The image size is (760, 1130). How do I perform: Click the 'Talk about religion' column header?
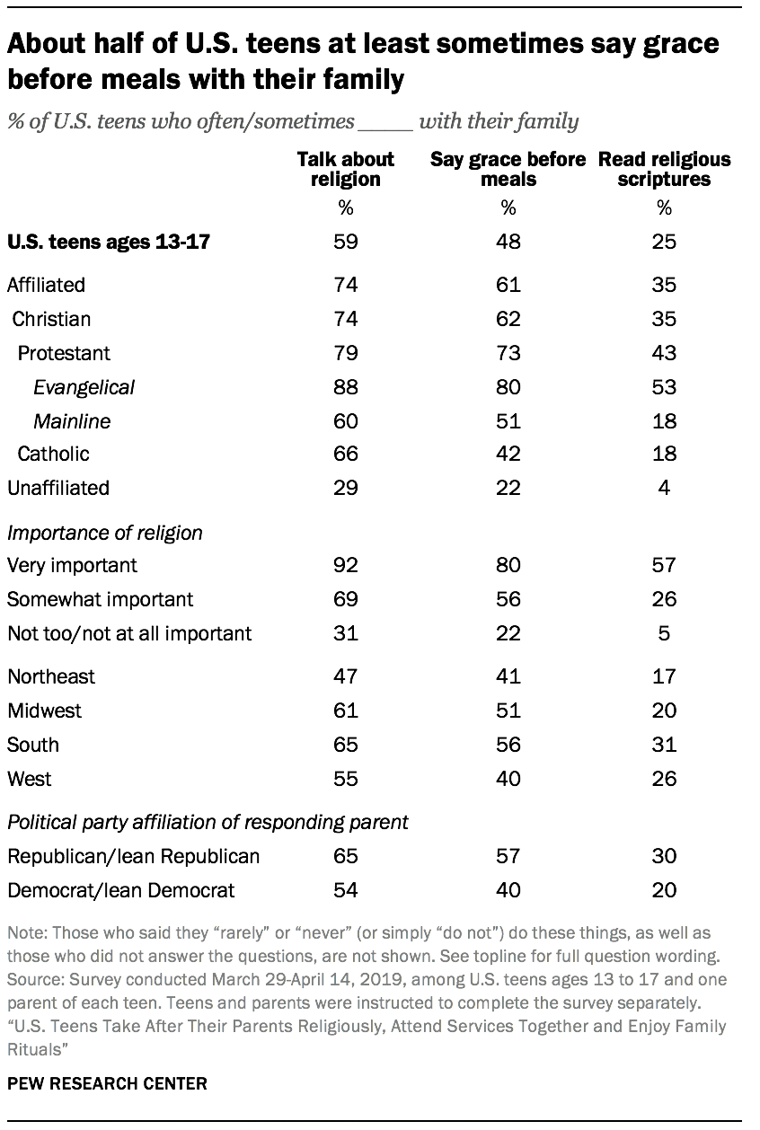pyautogui.click(x=346, y=169)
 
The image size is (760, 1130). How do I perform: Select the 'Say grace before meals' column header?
pyautogui.click(x=508, y=169)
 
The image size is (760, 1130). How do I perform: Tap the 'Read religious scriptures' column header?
pyautogui.click(x=664, y=169)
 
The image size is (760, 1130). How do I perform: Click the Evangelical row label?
pyautogui.click(x=84, y=387)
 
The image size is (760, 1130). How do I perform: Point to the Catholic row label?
pyautogui.click(x=53, y=454)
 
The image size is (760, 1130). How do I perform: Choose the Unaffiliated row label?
pyautogui.click(x=57, y=488)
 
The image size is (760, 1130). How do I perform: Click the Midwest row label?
pyautogui.click(x=44, y=711)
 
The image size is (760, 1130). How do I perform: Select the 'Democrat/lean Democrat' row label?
pyautogui.click(x=120, y=890)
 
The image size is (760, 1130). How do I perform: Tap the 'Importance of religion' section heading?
pyautogui.click(x=104, y=533)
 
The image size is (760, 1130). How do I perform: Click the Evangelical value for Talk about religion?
pyautogui.click(x=346, y=387)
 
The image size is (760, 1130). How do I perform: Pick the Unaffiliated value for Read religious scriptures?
pyautogui.click(x=664, y=488)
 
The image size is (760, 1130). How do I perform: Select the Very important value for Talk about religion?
pyautogui.click(x=346, y=566)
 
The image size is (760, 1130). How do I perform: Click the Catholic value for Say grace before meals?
pyautogui.click(x=508, y=454)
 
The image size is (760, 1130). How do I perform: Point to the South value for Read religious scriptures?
pyautogui.click(x=664, y=745)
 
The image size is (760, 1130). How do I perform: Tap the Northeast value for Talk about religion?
pyautogui.click(x=346, y=676)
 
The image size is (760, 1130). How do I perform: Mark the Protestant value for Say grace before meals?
pyautogui.click(x=508, y=353)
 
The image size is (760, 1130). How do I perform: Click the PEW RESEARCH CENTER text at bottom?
pyautogui.click(x=107, y=1084)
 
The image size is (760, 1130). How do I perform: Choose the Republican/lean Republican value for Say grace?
pyautogui.click(x=508, y=856)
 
